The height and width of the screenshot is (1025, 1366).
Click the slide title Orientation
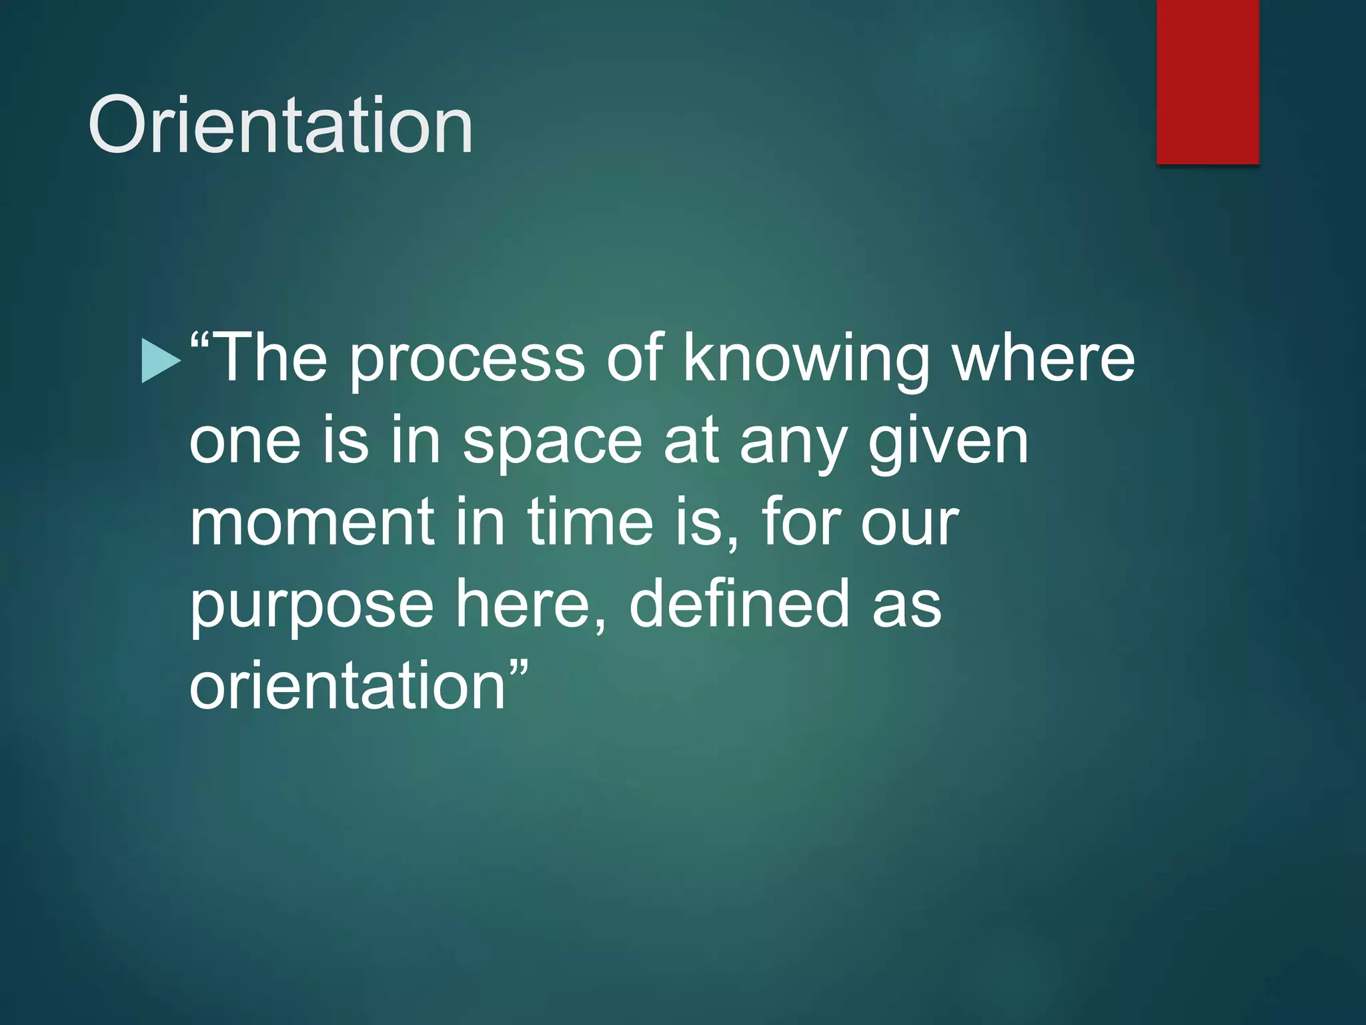(x=280, y=125)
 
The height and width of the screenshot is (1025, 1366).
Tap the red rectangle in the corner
(x=1207, y=81)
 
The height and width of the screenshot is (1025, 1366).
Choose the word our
(x=910, y=525)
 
